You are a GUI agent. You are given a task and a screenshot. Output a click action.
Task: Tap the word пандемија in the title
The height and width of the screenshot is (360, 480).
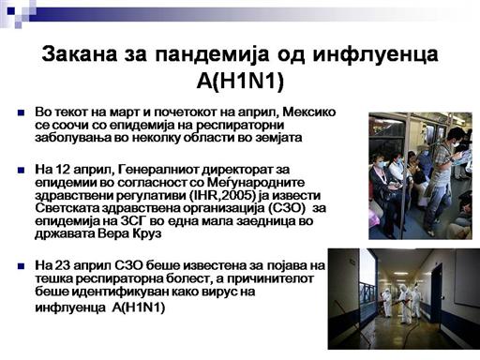(x=212, y=54)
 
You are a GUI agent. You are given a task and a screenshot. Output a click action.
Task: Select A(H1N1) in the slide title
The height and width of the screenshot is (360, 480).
(x=240, y=82)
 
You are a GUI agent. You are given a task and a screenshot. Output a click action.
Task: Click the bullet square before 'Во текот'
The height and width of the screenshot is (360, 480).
(x=22, y=112)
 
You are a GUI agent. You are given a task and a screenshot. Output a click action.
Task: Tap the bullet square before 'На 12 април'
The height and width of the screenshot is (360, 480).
(x=22, y=171)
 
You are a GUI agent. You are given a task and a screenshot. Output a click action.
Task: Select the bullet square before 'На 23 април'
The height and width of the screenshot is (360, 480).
(x=22, y=266)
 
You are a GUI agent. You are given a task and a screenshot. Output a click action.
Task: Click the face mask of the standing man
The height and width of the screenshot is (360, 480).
(x=456, y=144)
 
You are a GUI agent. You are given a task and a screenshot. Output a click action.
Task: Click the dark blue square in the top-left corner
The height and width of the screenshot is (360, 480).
(x=11, y=11)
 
